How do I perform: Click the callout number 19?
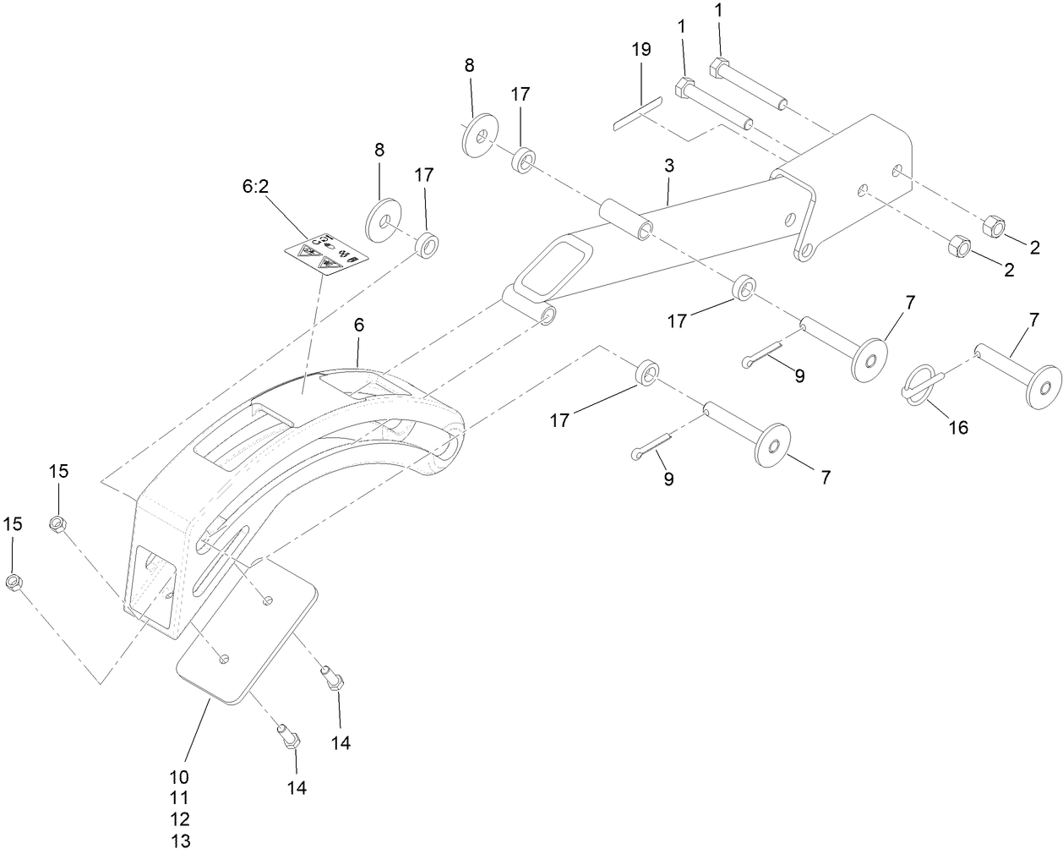pos(641,49)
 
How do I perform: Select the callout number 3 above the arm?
pos(668,166)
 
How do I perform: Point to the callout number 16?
pos(957,428)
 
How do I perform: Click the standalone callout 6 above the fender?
pos(358,324)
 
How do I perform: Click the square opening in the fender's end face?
pos(152,583)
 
